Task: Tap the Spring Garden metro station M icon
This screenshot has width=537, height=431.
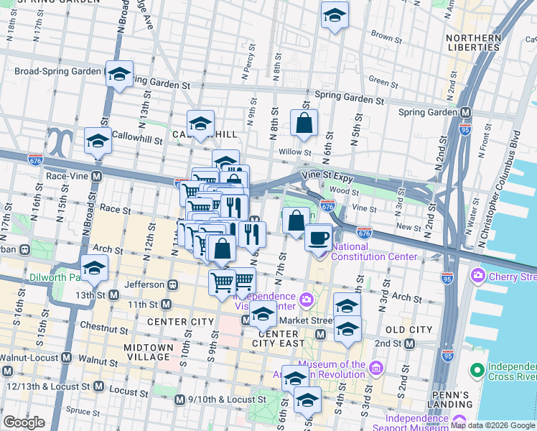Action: pyautogui.click(x=465, y=112)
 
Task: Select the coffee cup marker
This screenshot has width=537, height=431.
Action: pyautogui.click(x=318, y=237)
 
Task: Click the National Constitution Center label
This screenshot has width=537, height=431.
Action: pyautogui.click(x=373, y=251)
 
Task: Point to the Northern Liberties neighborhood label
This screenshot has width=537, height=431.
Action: pyautogui.click(x=473, y=43)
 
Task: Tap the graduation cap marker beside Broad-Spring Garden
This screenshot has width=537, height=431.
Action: pyautogui.click(x=119, y=73)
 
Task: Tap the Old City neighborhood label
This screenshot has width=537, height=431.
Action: pyautogui.click(x=409, y=329)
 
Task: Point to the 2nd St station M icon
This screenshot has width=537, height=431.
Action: pyautogui.click(x=409, y=344)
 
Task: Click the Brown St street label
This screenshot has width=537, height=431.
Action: pyautogui.click(x=386, y=36)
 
